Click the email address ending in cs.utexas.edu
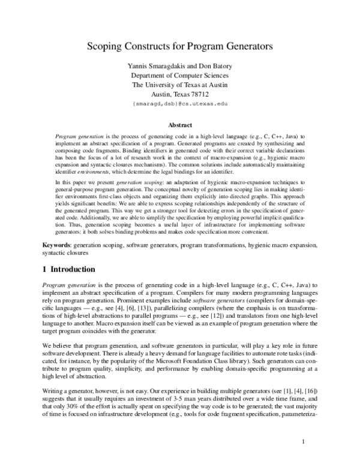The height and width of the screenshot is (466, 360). tap(180, 104)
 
